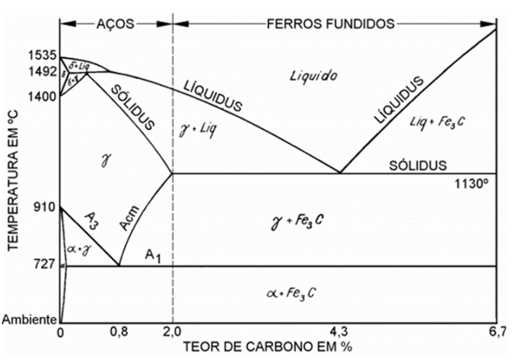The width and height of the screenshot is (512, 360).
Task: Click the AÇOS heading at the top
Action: tap(115, 24)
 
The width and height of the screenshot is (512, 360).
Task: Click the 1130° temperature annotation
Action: tap(472, 184)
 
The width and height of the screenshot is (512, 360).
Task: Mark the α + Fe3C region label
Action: tap(291, 292)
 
